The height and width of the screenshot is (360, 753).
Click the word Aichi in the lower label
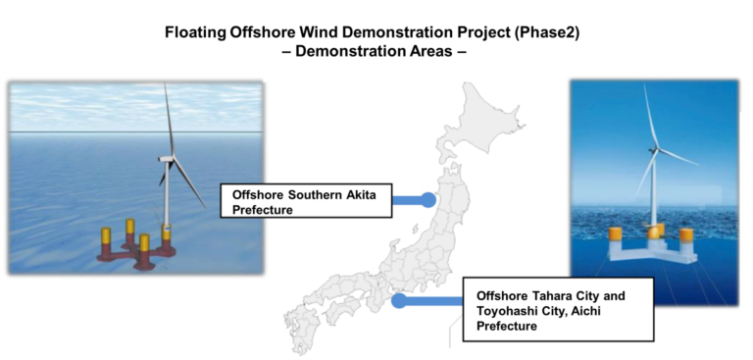point(602,311)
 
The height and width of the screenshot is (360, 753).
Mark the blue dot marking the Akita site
point(428,200)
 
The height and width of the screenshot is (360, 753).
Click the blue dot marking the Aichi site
point(399,301)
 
